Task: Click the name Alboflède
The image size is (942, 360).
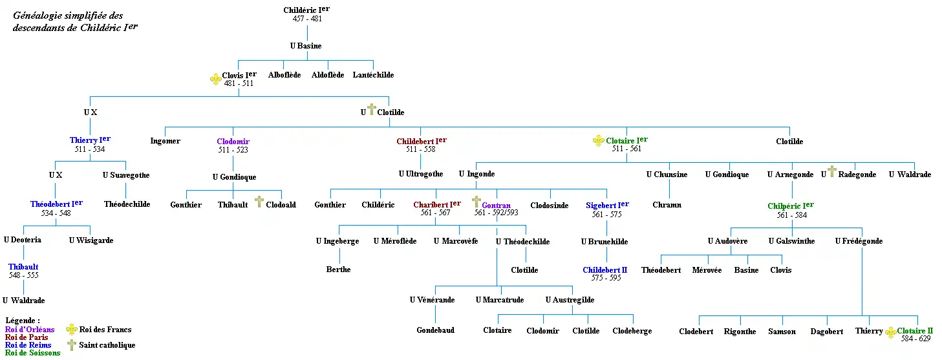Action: tap(284, 75)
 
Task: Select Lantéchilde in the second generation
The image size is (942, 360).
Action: tap(373, 75)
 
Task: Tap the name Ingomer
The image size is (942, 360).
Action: tap(166, 141)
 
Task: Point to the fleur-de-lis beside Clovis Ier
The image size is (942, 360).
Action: tap(215, 79)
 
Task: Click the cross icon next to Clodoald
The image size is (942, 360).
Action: tap(259, 202)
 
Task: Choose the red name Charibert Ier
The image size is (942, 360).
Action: tap(436, 204)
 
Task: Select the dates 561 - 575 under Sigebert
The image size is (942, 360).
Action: tap(606, 214)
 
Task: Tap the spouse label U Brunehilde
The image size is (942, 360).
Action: tap(605, 242)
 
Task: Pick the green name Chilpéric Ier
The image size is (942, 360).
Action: tap(790, 206)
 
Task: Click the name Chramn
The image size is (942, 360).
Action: tap(667, 205)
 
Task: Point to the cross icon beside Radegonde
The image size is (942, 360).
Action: tap(831, 172)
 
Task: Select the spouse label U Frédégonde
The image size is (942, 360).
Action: tap(859, 241)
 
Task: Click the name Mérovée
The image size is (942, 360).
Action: tap(707, 270)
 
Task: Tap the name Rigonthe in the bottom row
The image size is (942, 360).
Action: tap(740, 332)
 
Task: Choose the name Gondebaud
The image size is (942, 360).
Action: tap(435, 330)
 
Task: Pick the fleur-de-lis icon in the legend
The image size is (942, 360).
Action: tap(72, 330)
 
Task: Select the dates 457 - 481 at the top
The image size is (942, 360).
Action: tap(307, 19)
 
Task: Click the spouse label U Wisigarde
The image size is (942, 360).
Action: tap(91, 240)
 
